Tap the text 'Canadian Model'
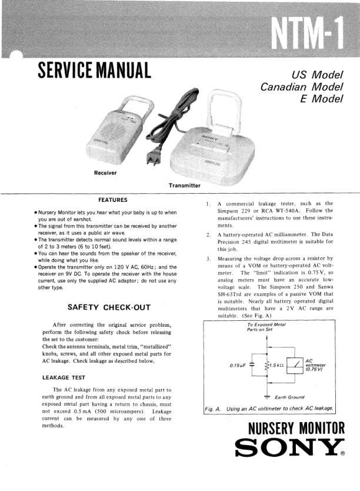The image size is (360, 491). point(302,87)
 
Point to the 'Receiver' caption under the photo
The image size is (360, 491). point(105,172)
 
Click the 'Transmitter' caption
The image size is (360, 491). point(184,186)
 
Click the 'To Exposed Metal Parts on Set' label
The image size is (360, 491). point(268,327)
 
